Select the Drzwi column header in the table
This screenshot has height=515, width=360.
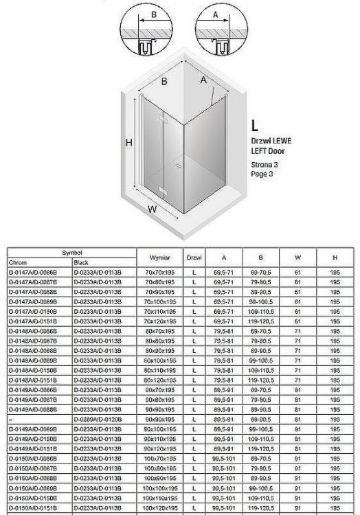(194, 257)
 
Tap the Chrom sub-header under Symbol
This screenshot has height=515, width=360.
(18, 262)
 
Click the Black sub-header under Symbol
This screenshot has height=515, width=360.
(81, 262)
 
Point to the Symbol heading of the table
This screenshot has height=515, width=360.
(72, 253)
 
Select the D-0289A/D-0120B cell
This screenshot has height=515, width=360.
(98, 418)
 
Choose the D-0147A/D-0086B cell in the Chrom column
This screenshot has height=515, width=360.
(33, 272)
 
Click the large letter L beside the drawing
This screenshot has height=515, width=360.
(255, 125)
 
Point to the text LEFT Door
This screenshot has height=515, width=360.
(269, 150)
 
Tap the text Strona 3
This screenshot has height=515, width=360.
(265, 165)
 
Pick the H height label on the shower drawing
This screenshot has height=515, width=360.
(128, 142)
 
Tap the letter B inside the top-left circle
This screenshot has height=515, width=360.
(154, 13)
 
